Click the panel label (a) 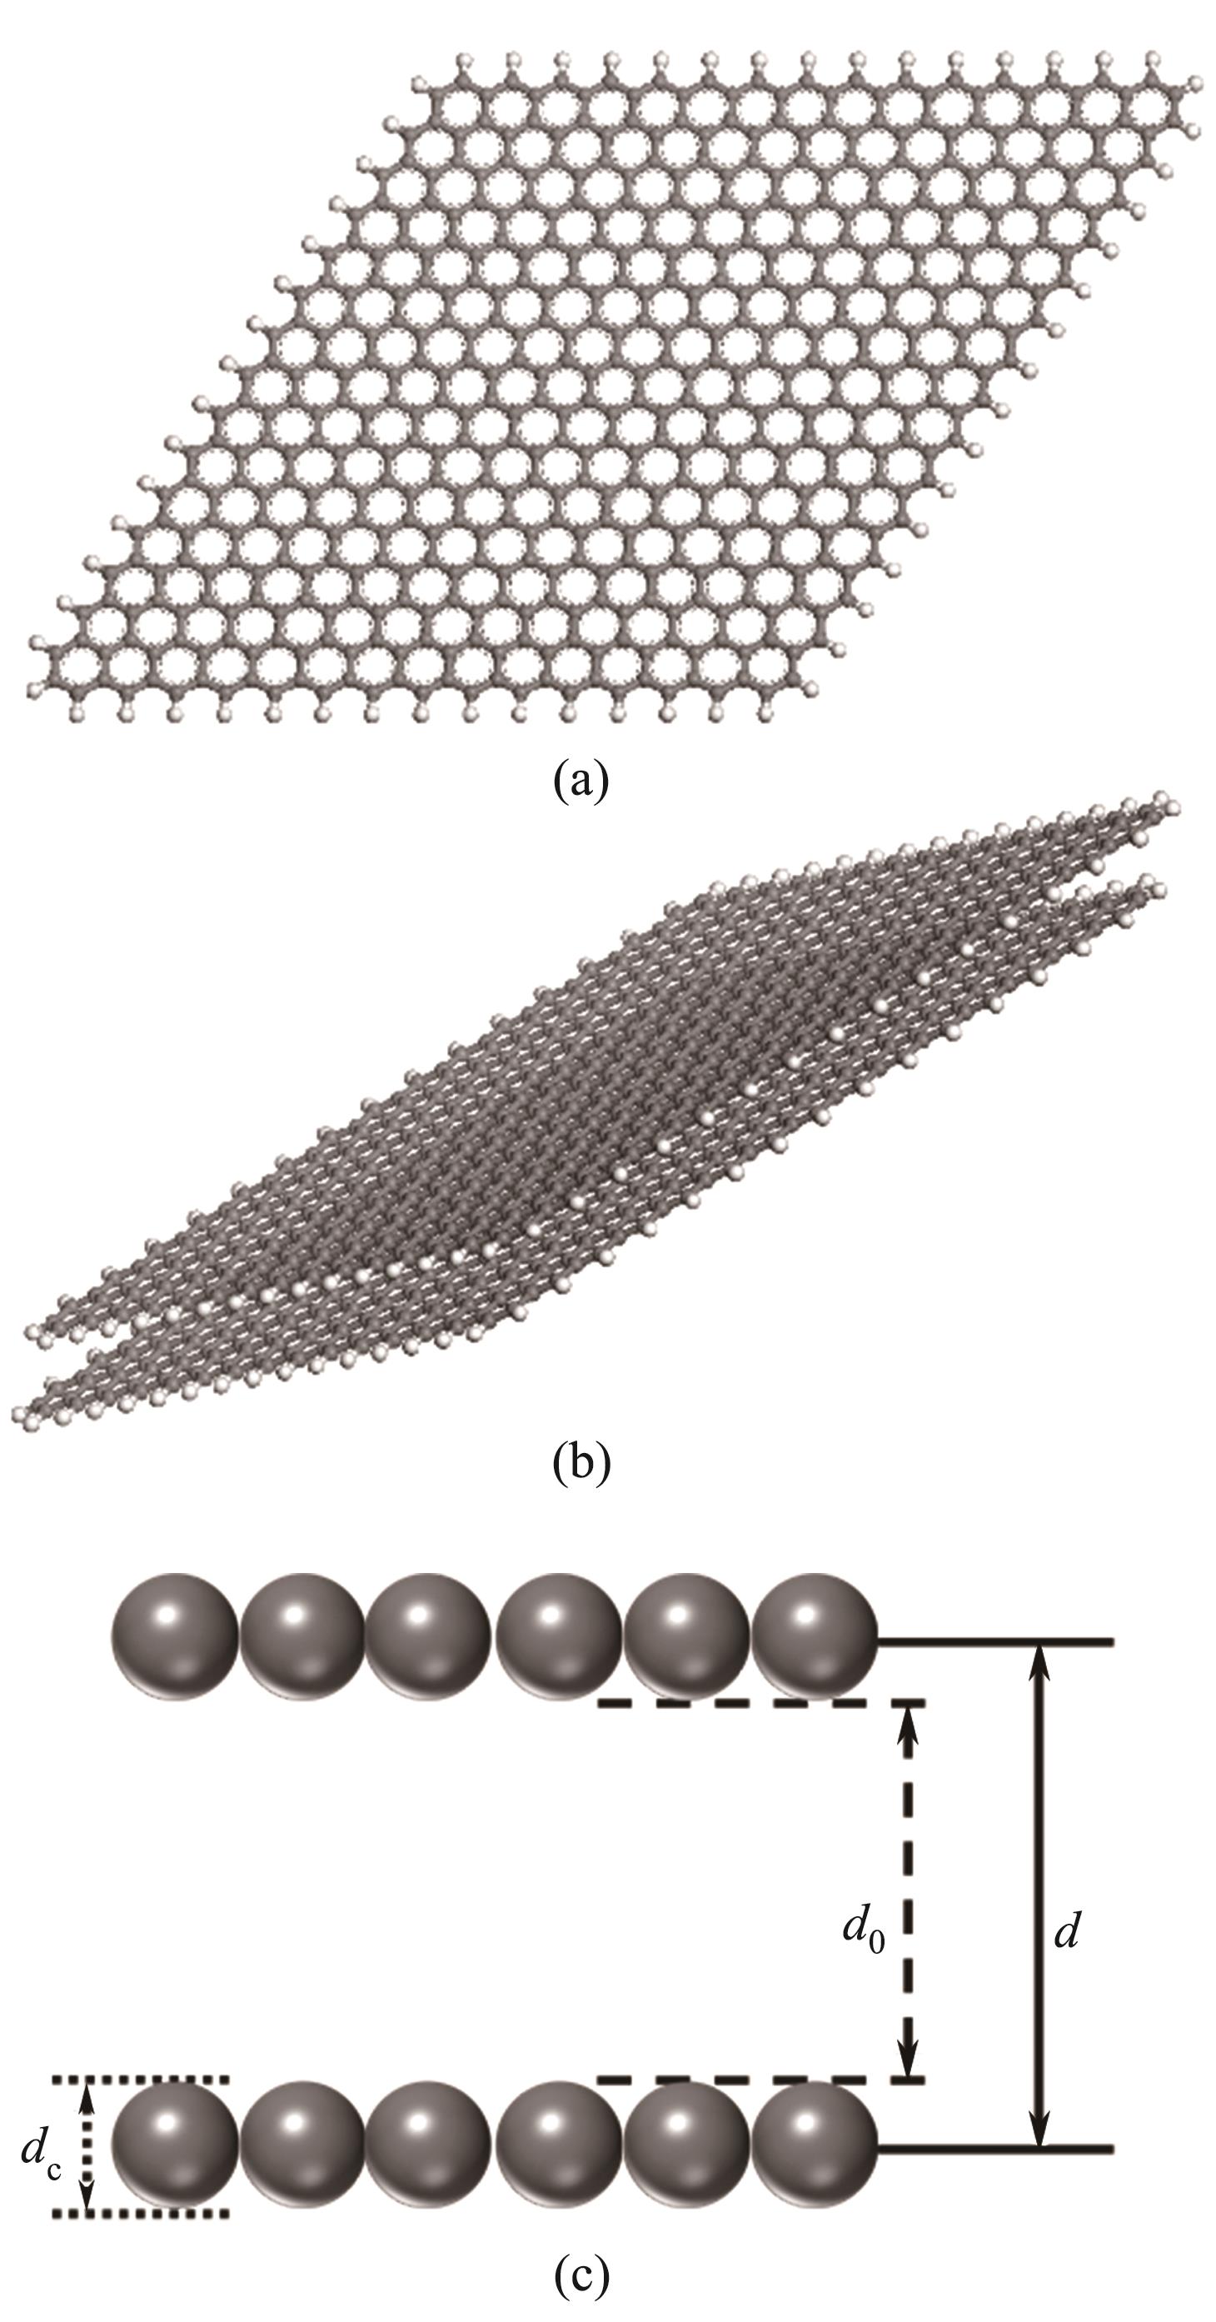coord(581,780)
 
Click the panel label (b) coord(581,1462)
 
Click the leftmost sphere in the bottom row coord(175,2145)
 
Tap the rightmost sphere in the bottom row coord(813,2145)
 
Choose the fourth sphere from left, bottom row coord(558,2145)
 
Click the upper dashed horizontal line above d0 coord(762,1703)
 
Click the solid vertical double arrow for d coord(1040,1893)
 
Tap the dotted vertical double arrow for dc coord(87,2145)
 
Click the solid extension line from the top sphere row coord(996,1640)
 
